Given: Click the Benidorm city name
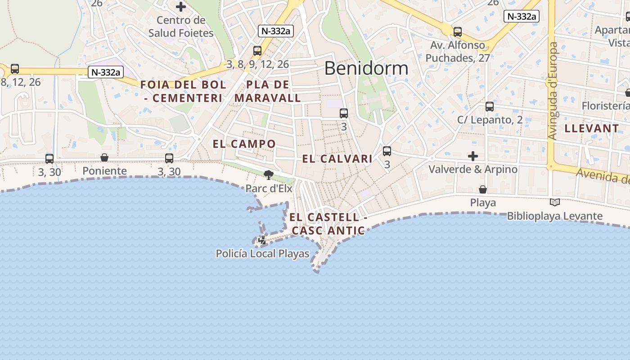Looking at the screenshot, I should tap(366, 68).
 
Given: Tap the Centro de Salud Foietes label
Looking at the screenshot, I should tap(181, 27).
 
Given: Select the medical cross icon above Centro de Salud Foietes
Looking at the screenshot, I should tap(181, 7).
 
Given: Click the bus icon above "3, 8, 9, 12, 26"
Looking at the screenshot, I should tap(257, 51).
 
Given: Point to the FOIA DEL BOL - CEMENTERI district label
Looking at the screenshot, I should tap(183, 91).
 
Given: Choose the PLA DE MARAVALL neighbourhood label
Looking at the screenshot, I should tap(268, 91).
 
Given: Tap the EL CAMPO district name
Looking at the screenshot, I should tap(244, 144).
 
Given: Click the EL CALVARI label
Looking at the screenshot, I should tap(337, 159).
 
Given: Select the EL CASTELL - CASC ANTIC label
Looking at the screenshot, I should tap(328, 224).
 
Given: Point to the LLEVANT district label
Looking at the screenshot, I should tap(592, 129).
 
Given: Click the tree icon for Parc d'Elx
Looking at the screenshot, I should tap(269, 175).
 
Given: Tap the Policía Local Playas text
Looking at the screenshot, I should tap(263, 254).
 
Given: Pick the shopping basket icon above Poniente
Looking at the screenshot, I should tap(104, 157).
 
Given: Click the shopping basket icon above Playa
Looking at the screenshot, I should tap(483, 189).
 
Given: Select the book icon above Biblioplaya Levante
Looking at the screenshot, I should tap(554, 202).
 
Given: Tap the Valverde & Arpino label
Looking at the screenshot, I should tap(473, 170).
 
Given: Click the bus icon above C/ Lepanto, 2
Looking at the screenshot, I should tap(490, 107).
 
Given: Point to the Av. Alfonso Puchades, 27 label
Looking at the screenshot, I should tap(458, 51).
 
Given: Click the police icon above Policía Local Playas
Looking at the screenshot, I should tap(262, 241).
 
